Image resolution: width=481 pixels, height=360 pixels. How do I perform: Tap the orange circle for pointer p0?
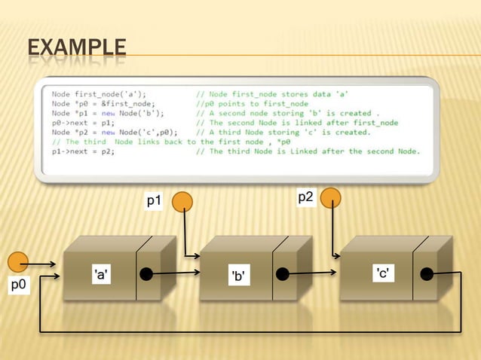18,263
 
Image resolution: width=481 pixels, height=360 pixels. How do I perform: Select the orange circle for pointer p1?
183,201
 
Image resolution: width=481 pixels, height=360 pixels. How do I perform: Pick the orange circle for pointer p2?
331,197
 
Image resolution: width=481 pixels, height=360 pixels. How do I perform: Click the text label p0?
18,285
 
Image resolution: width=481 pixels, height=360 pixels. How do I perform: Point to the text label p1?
155,201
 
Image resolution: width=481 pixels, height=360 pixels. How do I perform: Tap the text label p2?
305,197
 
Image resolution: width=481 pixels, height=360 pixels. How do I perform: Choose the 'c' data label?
382,273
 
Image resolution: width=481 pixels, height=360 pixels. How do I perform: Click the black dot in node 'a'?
146,274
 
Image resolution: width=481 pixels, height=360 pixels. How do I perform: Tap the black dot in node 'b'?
283,274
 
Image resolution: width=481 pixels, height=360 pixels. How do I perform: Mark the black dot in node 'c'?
427,274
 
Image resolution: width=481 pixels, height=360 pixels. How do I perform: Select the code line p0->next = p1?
83,123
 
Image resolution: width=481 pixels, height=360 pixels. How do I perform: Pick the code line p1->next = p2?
83,151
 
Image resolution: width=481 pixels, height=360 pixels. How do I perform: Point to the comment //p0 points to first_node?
252,104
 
